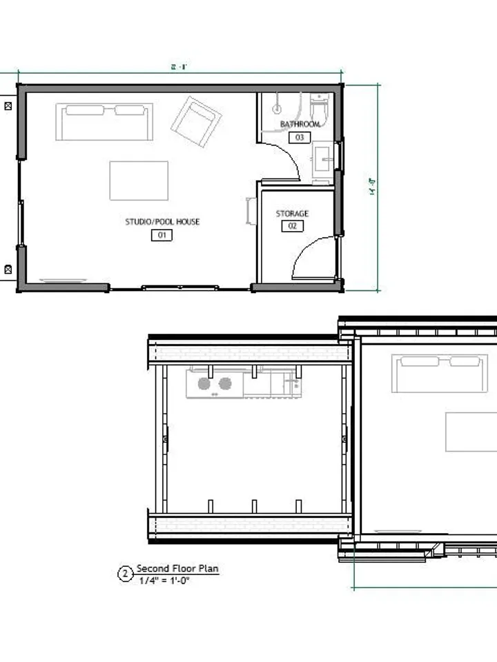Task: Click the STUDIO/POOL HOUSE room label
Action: [x=162, y=221]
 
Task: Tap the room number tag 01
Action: [x=162, y=236]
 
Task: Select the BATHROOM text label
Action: [x=300, y=124]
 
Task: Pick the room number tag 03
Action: [x=300, y=137]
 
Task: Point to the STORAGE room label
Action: [x=292, y=214]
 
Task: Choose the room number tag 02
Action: [x=292, y=226]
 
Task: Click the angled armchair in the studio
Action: [x=197, y=121]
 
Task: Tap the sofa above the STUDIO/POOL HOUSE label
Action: [x=104, y=121]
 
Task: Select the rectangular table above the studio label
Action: [x=139, y=181]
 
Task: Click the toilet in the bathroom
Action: [x=320, y=110]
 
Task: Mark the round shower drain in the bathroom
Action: [x=277, y=108]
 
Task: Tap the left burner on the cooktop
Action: [x=204, y=383]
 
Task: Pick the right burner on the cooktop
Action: [x=225, y=383]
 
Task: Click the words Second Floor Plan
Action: [x=177, y=569]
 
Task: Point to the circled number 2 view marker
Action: [x=126, y=574]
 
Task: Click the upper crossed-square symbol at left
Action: [x=8, y=106]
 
